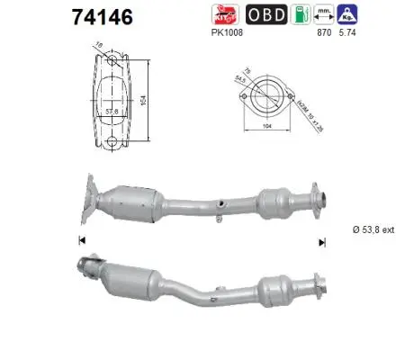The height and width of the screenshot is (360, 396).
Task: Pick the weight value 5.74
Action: coord(346,33)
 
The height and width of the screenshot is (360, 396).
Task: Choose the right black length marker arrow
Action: coord(319,240)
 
